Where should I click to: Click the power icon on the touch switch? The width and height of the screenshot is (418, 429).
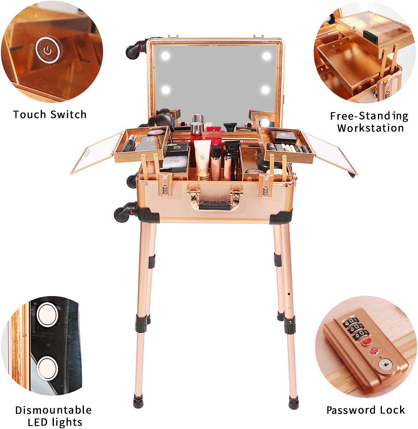coord(48,51)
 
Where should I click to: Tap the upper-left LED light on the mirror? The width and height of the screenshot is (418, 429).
coord(165,56)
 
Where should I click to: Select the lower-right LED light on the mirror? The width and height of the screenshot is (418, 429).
coord(265,90)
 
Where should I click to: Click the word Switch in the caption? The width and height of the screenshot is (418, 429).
coord(68,115)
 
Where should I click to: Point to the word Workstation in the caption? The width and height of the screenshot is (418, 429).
coord(370,128)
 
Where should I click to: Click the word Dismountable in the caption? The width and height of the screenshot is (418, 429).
coord(54,410)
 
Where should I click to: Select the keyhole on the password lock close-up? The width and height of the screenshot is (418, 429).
coord(385,364)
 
